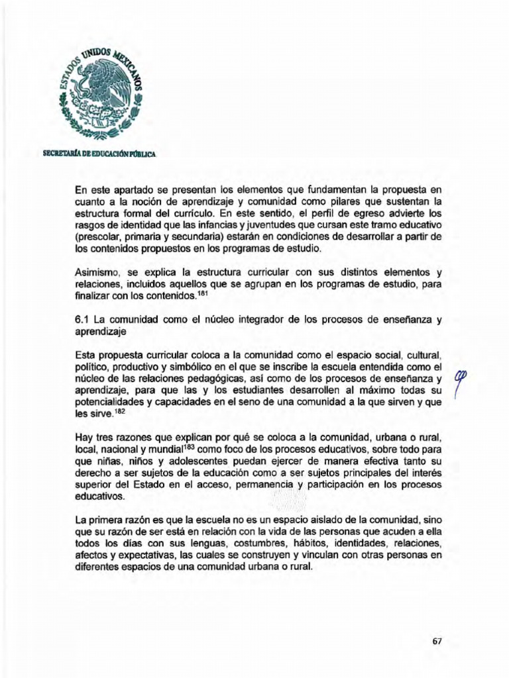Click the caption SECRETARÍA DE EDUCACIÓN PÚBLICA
[99, 154]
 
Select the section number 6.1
[83, 319]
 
